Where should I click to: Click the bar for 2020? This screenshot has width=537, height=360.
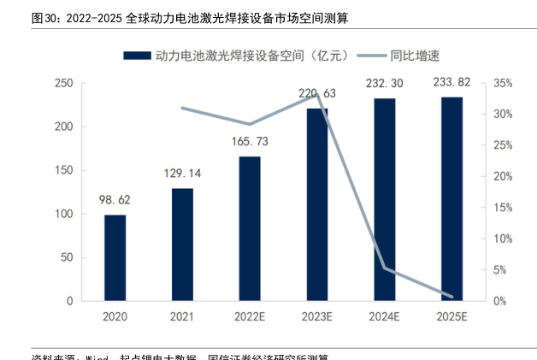115,257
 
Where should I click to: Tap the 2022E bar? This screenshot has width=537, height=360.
250,228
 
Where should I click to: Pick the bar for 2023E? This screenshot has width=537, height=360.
317,204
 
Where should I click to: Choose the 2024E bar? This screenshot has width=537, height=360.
385,199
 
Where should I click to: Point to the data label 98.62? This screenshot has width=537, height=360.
115,201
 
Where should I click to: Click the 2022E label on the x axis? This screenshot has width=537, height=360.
250,317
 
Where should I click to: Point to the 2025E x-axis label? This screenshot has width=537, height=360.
452,317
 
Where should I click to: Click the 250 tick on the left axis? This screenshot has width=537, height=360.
63,83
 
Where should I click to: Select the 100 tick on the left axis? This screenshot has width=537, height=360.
63,214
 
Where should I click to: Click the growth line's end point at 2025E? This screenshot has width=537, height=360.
452,297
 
